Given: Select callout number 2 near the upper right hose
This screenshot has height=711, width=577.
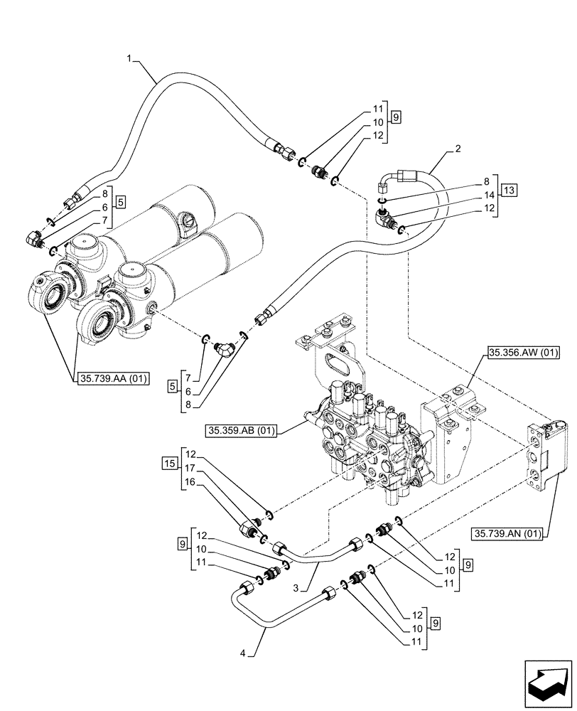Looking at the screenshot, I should (x=458, y=150).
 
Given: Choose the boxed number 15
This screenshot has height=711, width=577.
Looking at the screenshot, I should (x=168, y=463).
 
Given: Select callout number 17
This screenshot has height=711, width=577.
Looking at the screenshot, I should (x=190, y=468).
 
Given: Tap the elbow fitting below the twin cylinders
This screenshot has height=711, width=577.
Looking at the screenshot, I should (x=225, y=348).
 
